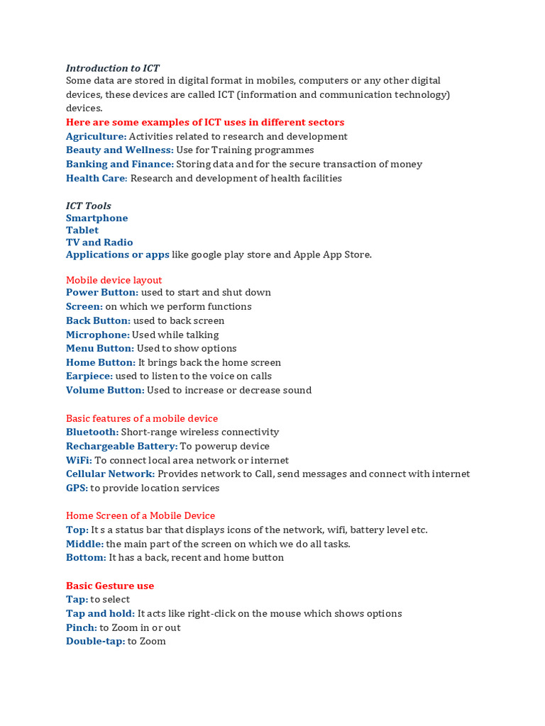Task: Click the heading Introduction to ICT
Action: pos(113,68)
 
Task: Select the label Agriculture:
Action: pos(96,136)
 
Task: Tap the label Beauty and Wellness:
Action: pos(119,150)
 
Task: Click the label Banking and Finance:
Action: pos(119,164)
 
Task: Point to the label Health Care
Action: pos(96,179)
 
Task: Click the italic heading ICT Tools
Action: pos(89,206)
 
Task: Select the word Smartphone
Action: pos(97,218)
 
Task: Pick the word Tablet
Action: pos(82,230)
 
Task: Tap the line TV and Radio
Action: pos(99,242)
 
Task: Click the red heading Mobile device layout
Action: pos(114,280)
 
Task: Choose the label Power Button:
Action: pos(102,293)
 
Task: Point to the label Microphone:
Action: pos(98,335)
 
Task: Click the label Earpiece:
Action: pos(89,376)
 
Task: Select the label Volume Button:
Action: pos(105,391)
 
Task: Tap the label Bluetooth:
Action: pos(92,432)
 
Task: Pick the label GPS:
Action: pos(77,488)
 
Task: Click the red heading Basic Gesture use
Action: pos(110,586)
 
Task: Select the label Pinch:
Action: pos(82,628)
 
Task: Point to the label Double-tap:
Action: pos(96,642)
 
